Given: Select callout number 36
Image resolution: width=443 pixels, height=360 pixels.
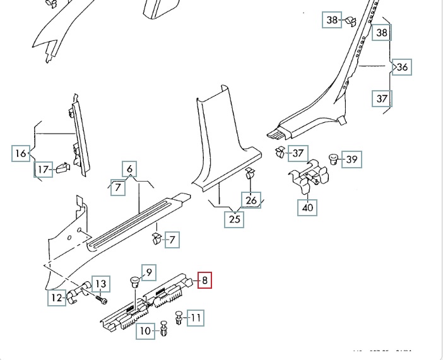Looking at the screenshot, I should (403, 67).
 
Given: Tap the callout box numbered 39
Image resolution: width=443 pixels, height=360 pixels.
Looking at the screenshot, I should (352, 160).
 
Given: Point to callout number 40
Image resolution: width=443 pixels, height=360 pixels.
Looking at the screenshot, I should (307, 207).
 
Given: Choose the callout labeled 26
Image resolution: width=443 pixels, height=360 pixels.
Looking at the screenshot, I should (252, 201).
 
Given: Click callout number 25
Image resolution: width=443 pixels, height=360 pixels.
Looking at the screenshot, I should (235, 219).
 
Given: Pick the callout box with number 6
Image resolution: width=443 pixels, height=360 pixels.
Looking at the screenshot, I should (130, 169).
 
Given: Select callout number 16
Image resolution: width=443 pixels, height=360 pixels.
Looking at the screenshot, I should (21, 153).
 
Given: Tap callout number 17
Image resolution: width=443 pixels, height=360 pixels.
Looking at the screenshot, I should (42, 169).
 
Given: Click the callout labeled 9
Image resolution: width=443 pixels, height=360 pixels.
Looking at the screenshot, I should (149, 272).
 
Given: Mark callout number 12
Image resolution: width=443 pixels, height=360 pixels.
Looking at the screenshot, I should (58, 298).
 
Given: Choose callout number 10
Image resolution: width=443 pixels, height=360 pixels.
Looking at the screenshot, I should (146, 330).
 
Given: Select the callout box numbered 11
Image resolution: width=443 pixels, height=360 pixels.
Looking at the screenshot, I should (196, 318).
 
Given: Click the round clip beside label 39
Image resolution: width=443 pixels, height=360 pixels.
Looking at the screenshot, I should (334, 158).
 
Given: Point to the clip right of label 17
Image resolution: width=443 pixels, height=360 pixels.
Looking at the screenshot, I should (62, 168).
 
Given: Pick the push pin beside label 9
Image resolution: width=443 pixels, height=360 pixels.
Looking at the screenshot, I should (134, 281).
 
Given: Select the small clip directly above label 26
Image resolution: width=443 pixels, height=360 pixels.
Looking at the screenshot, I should (250, 175).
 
